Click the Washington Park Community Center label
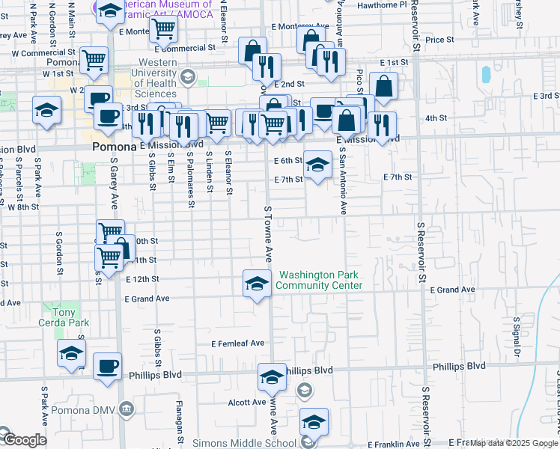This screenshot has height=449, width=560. pyautogui.click(x=320, y=281)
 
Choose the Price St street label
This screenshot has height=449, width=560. pyautogui.click(x=439, y=40)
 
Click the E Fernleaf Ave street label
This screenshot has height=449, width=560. pyautogui.click(x=238, y=343)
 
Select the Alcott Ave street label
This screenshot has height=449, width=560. pyautogui.click(x=244, y=402)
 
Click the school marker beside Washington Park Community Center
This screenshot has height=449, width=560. pyautogui.click(x=257, y=284)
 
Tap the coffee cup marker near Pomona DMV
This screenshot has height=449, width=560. pyautogui.click(x=107, y=367)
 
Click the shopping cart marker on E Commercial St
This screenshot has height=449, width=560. pyautogui.click(x=163, y=31)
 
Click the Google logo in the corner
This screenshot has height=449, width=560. pyautogui.click(x=23, y=440)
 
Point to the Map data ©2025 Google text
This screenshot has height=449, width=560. pyautogui.click(x=514, y=444)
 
